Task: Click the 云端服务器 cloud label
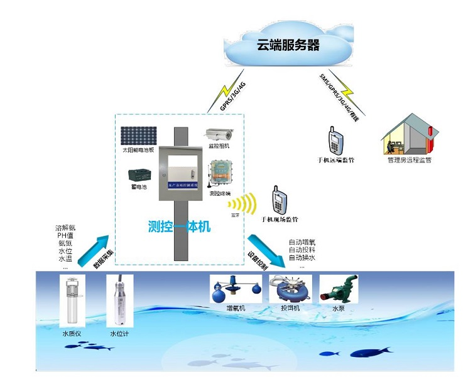point(288,45)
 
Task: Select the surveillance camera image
point(219,133)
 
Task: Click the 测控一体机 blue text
point(179,226)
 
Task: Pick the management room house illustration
point(408,135)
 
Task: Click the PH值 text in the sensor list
point(65,235)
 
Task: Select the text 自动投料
point(302,250)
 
